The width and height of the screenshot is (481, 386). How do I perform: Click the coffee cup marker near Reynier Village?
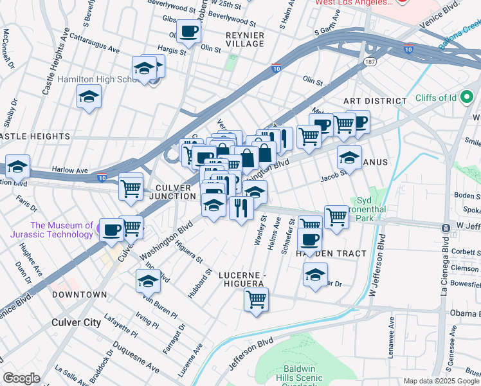coord(188,31)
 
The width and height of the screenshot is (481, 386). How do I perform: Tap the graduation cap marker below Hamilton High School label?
coord(89,98)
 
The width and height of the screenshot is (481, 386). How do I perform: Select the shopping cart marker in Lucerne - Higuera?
coord(256,299)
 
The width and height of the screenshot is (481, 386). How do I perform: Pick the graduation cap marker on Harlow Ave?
coord(17,166)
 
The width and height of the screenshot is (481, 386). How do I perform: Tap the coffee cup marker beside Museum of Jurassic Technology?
coord(111,229)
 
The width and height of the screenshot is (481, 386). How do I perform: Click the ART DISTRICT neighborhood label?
coord(375,101)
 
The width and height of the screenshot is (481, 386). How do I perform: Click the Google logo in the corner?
coord(22,378)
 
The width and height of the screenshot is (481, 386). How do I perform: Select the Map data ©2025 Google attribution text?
coord(440,381)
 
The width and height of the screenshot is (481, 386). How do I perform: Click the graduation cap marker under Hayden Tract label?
coord(315,274)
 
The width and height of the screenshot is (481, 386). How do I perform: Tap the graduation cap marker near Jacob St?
coord(349,156)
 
